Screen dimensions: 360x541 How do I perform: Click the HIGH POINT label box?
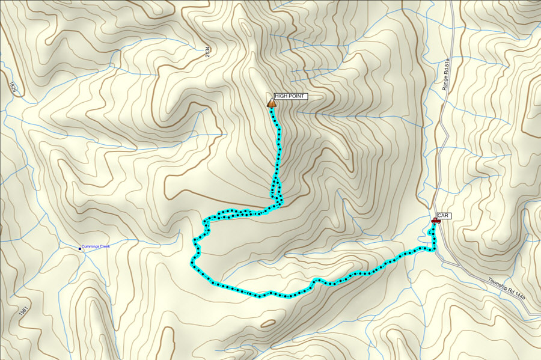(290, 96)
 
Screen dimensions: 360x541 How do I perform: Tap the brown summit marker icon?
(272, 103)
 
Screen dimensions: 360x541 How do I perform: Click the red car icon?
(436, 221)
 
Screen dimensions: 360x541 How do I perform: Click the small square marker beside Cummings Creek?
(81, 248)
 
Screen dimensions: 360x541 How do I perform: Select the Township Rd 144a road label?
(506, 289)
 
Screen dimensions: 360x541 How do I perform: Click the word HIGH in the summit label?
(282, 96)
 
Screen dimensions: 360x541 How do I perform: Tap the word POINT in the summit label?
(298, 96)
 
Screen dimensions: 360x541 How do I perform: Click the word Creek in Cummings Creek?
(105, 246)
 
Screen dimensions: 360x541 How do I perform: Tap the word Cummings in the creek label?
(91, 246)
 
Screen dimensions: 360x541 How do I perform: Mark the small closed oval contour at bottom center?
(268, 323)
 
